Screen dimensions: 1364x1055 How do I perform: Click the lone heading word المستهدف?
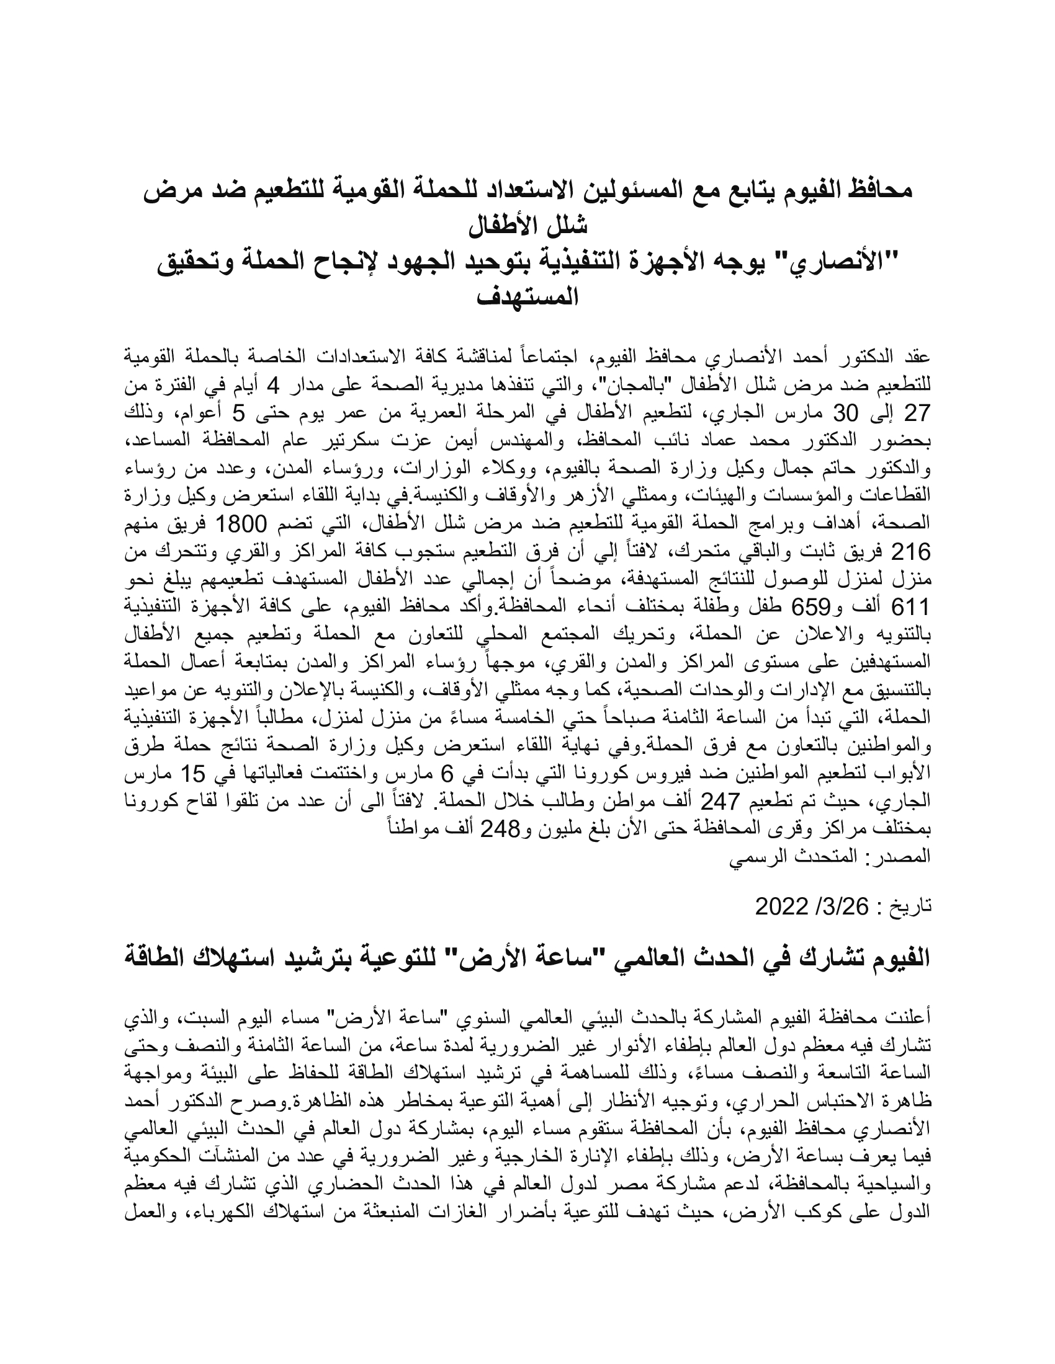pyautogui.click(x=527, y=296)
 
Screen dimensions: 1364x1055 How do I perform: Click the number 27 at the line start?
pyautogui.click(x=918, y=414)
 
